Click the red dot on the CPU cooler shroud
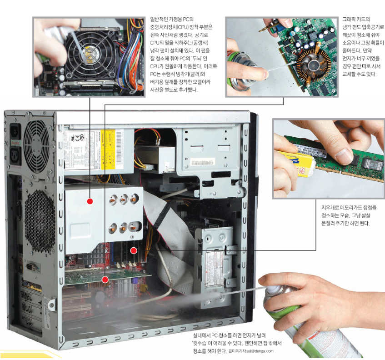90,201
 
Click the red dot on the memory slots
134,250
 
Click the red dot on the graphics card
105,280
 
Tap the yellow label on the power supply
108,149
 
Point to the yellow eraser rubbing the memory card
295,163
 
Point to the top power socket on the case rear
15,131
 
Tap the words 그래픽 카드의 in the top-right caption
356,19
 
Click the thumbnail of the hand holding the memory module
329,159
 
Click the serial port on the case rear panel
31,267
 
